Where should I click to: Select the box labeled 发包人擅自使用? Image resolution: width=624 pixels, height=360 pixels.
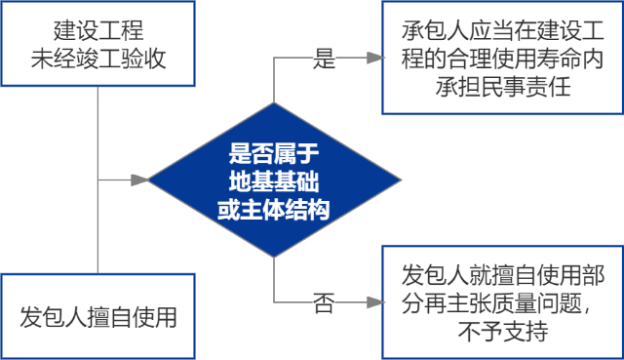point(98,316)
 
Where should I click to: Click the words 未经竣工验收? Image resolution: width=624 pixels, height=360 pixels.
point(98,60)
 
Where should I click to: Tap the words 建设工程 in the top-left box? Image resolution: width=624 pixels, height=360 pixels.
point(98,30)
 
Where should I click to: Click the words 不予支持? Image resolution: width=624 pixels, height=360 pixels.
point(501,331)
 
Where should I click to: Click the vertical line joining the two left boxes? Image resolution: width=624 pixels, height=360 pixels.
point(98,176)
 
